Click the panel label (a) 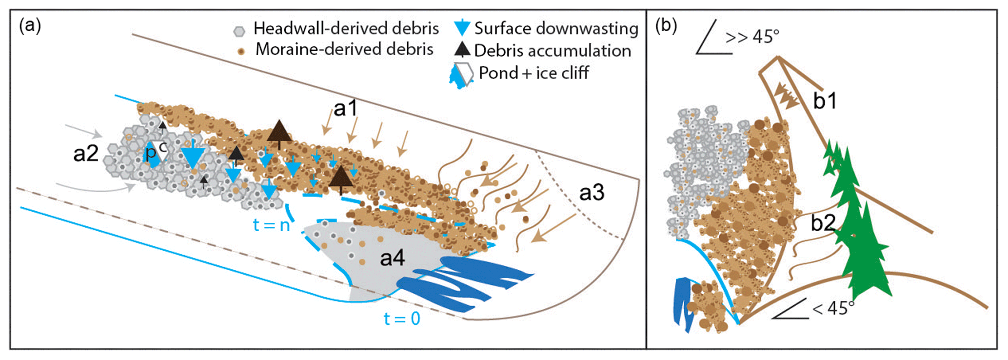pos(30,25)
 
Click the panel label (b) pos(666,25)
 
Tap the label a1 pos(346,108)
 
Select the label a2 pos(86,154)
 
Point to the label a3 pos(592,193)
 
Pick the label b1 pos(825,101)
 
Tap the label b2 pos(823,223)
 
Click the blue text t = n pos(271,225)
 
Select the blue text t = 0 pos(402,319)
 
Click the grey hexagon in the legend pos(239,31)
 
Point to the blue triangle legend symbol pos(461,28)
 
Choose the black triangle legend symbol pos(462,49)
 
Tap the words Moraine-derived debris pos(344,49)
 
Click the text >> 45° pos(752,37)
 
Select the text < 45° pos(833,308)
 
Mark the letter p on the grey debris pos(151,153)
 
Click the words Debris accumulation pos(553,51)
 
